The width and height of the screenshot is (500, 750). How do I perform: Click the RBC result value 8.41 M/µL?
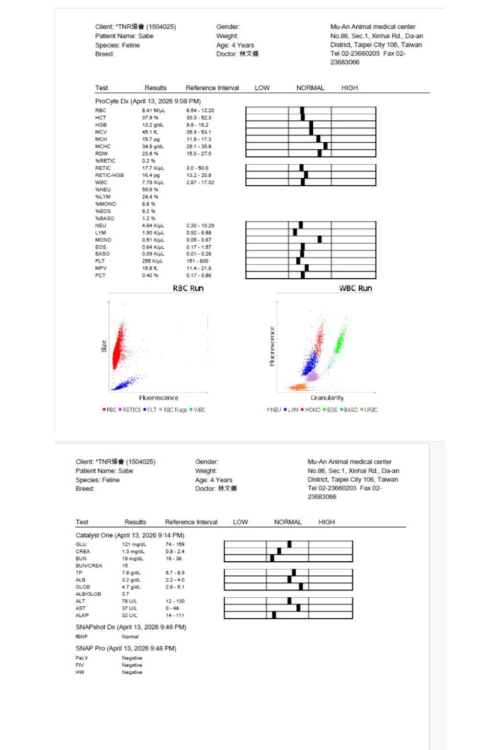pyautogui.click(x=153, y=111)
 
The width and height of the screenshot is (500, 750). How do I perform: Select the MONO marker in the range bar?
pyautogui.click(x=319, y=239)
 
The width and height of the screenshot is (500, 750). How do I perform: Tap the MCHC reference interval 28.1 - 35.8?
pyautogui.click(x=199, y=147)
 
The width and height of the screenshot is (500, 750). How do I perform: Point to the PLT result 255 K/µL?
pyautogui.click(x=152, y=261)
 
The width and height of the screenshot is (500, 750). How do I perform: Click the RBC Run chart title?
pyautogui.click(x=188, y=288)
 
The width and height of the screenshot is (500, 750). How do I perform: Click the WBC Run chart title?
pyautogui.click(x=355, y=288)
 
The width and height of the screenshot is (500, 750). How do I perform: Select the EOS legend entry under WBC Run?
pyautogui.click(x=330, y=410)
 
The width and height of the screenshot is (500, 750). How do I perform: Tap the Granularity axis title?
pyautogui.click(x=327, y=398)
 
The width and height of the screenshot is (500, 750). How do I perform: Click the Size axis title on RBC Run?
pyautogui.click(x=104, y=346)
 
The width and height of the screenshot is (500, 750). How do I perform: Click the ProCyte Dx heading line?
pyautogui.click(x=148, y=101)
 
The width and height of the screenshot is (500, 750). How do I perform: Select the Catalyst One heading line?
pyautogui.click(x=130, y=535)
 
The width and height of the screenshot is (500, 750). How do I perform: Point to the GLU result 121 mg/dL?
pyautogui.click(x=134, y=545)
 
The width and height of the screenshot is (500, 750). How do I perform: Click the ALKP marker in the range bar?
pyautogui.click(x=274, y=615)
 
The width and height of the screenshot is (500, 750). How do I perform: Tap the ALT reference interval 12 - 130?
pyautogui.click(x=175, y=601)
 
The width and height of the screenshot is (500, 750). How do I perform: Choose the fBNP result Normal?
pyautogui.click(x=130, y=637)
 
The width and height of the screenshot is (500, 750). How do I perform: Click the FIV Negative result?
pyautogui.click(x=132, y=665)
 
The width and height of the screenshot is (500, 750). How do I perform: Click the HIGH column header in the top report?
pyautogui.click(x=350, y=88)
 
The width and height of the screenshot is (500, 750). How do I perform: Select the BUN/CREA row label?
pyautogui.click(x=89, y=566)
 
